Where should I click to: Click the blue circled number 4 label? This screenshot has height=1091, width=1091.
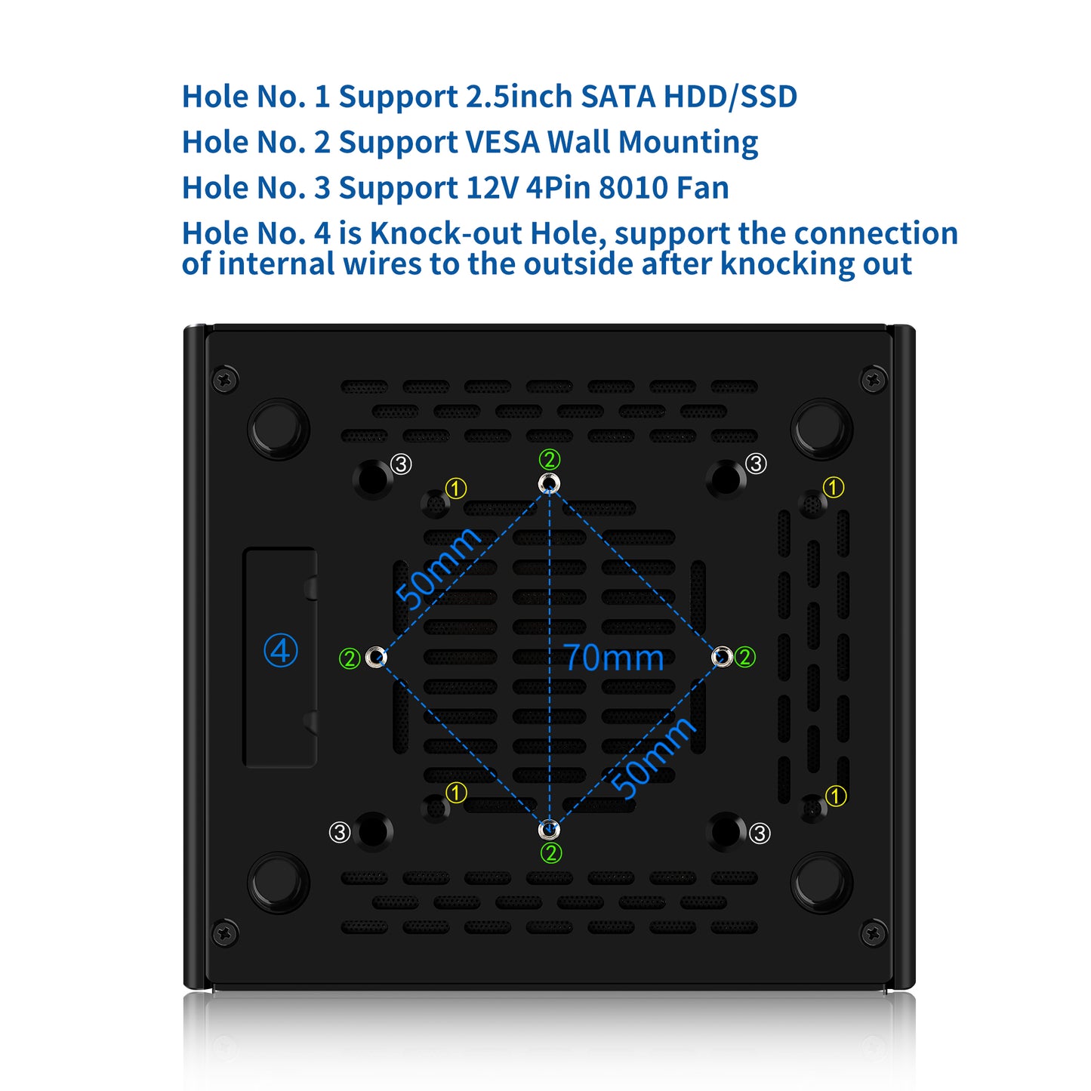coord(280,651)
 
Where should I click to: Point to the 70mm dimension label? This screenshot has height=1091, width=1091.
coord(613,658)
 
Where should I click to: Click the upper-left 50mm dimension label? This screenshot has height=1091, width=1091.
coord(437,567)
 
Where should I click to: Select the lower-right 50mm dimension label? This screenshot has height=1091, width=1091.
coord(652,757)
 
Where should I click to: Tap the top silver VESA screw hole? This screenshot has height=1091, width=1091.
coord(549,483)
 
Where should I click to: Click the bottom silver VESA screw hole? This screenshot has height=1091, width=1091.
coord(548,830)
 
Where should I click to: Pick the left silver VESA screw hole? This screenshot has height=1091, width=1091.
coord(374,657)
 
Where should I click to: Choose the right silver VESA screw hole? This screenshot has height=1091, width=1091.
coord(722,657)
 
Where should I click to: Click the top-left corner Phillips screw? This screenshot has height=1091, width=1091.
coord(225,379)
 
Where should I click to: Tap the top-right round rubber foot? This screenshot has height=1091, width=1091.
coord(821,429)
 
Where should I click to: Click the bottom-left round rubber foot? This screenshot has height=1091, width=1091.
coord(278,882)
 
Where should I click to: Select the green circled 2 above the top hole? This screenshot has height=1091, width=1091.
coord(549,459)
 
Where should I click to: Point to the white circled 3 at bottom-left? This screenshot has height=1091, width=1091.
coord(340,832)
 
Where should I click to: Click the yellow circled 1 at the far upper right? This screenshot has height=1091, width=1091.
coord(833,487)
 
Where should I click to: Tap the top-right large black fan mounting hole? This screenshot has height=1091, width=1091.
coord(726,479)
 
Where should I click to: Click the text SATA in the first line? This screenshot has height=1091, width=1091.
coord(618,96)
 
